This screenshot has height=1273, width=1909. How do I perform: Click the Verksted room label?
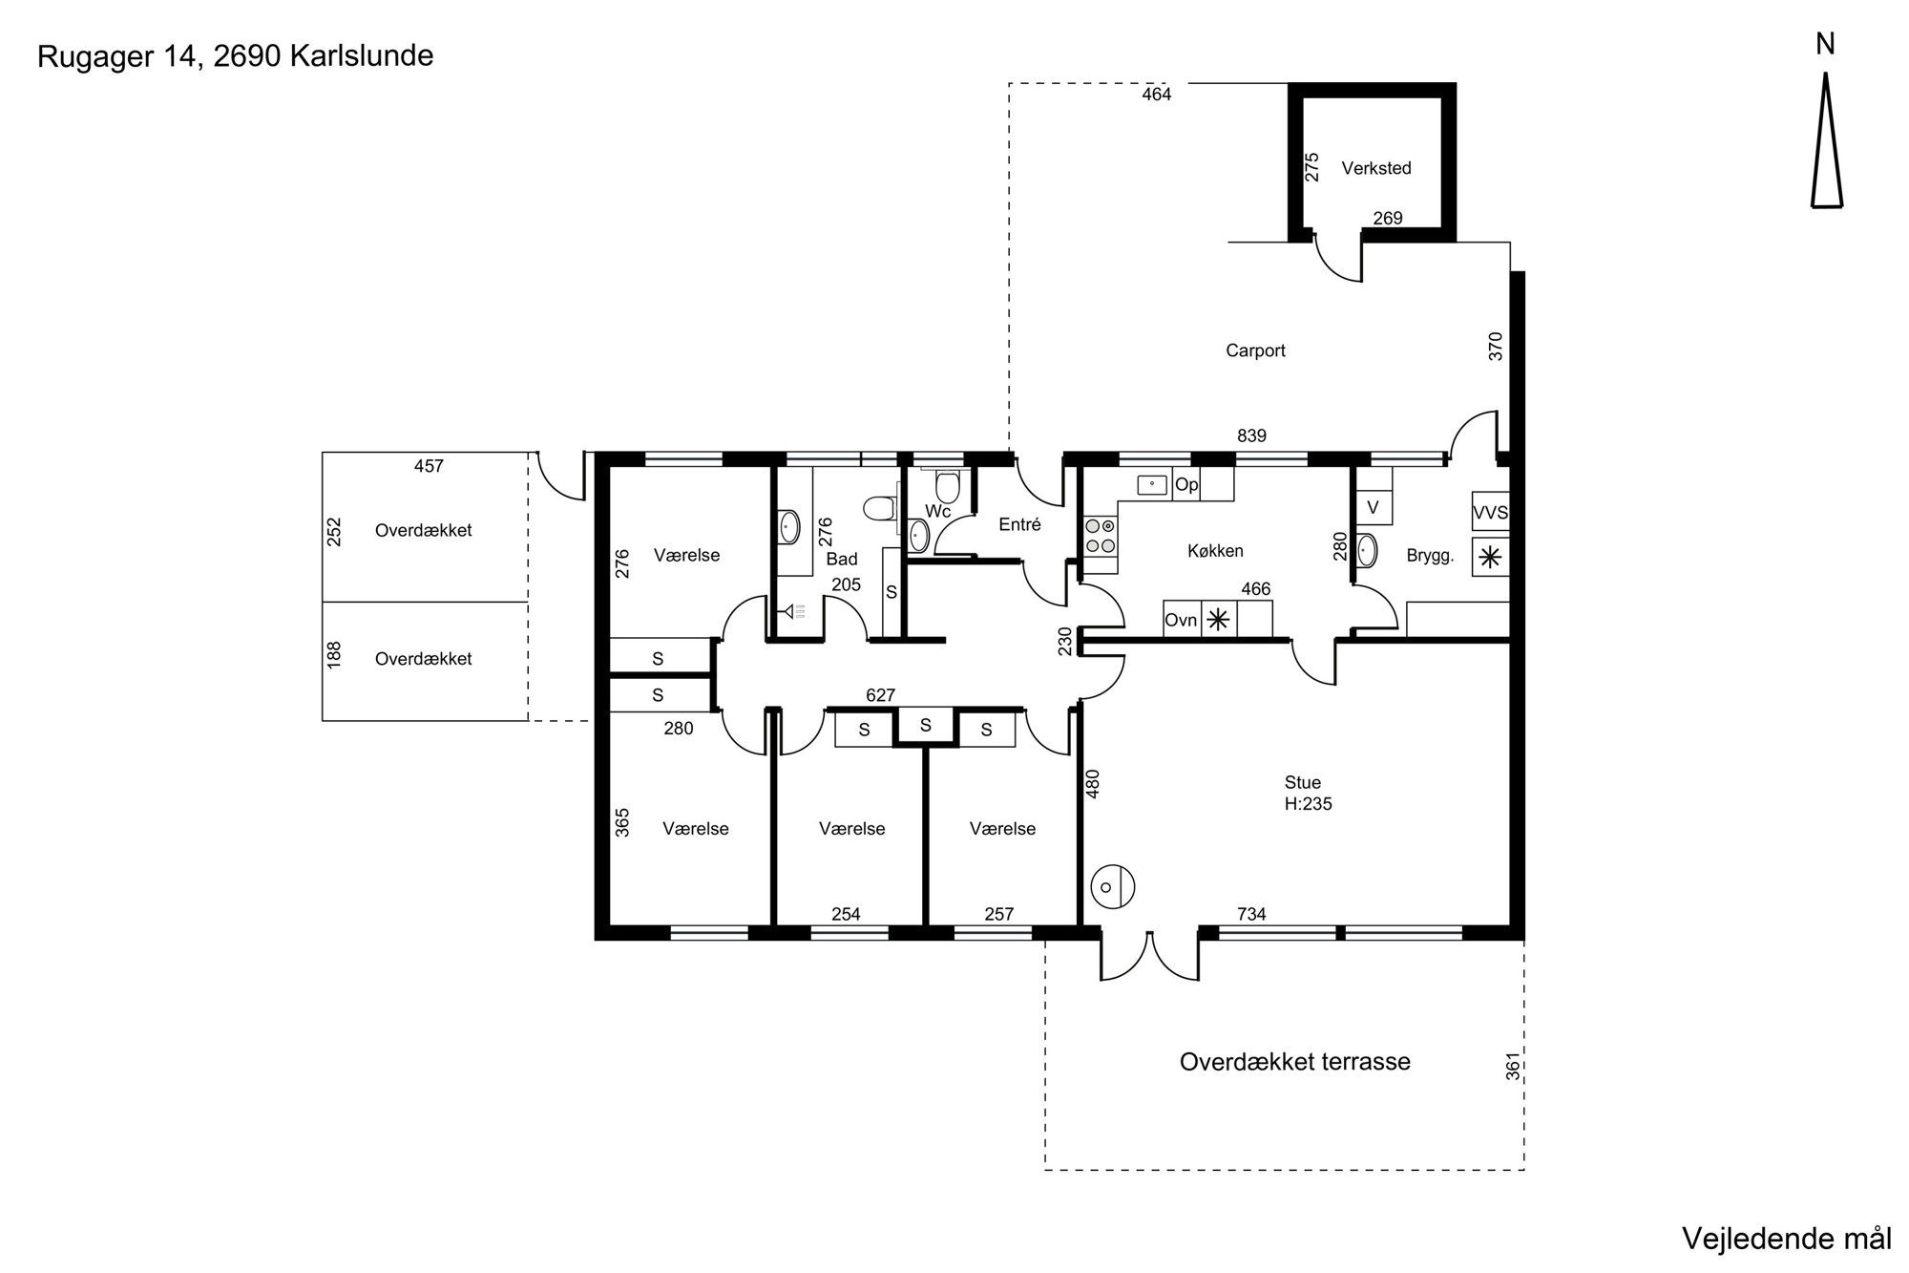point(1375,168)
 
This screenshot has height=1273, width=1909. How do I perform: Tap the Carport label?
point(1255,350)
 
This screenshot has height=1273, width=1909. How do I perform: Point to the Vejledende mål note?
point(1786,1239)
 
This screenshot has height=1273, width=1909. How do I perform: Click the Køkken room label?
point(1215,551)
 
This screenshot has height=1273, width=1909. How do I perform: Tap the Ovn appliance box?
point(1181,620)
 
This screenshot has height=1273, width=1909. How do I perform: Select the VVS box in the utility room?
point(1490,512)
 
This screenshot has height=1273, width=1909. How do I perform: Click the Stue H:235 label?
point(1308,794)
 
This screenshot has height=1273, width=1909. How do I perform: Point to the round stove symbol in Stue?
point(1111,887)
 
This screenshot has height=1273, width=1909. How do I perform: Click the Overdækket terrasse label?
point(1294,1062)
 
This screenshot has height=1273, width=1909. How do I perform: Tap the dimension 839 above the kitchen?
point(1251,435)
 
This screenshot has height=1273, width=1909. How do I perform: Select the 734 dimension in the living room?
point(1251,914)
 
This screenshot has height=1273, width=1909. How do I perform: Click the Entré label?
point(1019,524)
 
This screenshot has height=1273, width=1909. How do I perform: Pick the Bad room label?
point(842,559)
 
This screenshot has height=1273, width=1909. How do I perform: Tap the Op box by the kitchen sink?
point(1186,485)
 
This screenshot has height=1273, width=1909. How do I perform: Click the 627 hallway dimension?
point(880,695)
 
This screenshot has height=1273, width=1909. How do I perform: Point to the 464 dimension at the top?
point(1156,95)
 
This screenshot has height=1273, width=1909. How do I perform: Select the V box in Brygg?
point(1374,507)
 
